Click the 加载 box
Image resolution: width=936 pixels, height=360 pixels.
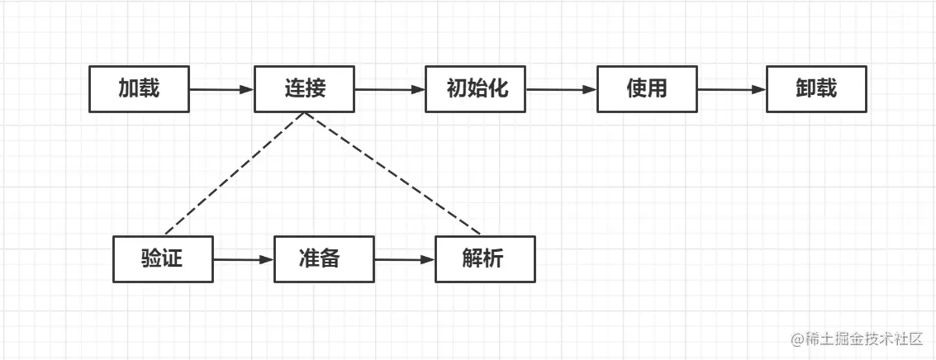(139, 89)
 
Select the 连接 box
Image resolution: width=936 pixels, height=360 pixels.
(304, 89)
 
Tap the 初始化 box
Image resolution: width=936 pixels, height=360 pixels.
(476, 89)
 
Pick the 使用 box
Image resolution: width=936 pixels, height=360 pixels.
(647, 89)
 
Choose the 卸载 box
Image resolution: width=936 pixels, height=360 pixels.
(816, 89)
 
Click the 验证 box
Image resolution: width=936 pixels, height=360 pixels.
(163, 259)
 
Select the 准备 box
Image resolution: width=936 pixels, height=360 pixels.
(324, 259)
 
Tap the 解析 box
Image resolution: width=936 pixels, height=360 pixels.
(485, 259)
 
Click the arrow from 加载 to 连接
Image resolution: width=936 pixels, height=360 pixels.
(221, 89)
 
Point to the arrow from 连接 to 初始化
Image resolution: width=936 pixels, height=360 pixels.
(389, 89)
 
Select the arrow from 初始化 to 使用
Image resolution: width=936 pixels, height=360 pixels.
(561, 89)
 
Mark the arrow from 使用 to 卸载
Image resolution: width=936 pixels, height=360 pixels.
(731, 89)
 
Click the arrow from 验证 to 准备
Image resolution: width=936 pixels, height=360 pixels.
(243, 259)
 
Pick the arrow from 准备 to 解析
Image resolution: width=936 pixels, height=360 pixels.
(404, 259)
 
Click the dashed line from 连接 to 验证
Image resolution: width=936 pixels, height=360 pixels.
(235, 173)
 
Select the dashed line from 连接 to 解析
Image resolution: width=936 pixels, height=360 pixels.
(392, 173)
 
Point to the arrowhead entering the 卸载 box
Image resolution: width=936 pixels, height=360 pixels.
(759, 89)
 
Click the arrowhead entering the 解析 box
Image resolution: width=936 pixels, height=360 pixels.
(428, 259)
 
